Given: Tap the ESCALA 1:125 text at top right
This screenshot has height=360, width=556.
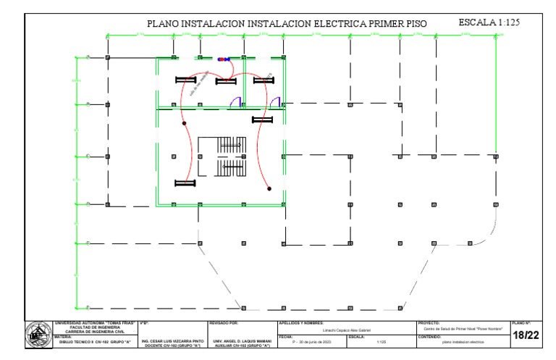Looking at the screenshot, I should [x=489, y=23].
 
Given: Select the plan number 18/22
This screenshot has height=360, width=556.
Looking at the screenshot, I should [x=526, y=335].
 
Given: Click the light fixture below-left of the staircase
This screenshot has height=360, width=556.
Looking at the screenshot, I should [x=185, y=183].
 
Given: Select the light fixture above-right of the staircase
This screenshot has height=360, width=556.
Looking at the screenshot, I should [x=261, y=120].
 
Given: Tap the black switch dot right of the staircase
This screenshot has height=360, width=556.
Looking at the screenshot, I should [x=269, y=188].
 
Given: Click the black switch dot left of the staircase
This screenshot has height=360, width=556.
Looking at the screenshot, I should [x=185, y=123].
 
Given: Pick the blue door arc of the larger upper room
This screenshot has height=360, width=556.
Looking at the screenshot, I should [x=235, y=102].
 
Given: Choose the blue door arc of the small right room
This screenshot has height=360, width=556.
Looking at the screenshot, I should [x=276, y=102].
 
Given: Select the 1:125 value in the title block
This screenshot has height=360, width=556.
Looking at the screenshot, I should [x=381, y=342].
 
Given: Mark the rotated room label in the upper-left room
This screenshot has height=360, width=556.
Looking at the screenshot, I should [x=198, y=84].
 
